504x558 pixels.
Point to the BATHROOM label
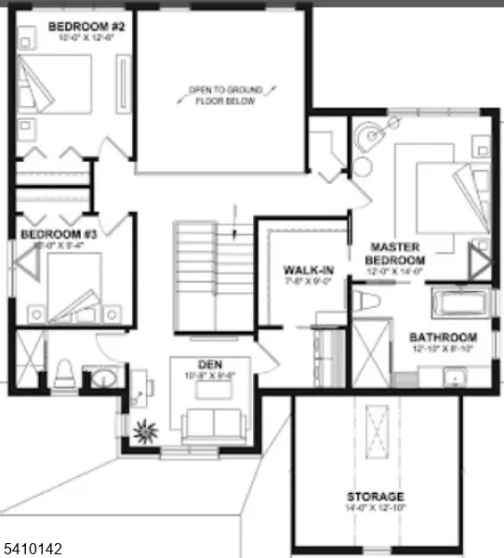(x=443, y=337)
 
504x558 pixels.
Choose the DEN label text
(x=208, y=364)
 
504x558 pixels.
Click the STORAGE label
(x=376, y=497)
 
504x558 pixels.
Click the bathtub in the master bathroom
(x=461, y=303)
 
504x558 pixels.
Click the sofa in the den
(x=214, y=424)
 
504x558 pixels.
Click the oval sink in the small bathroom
(x=99, y=379)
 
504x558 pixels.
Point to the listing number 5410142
(x=33, y=550)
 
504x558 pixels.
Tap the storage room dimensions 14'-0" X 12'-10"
(x=376, y=510)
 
